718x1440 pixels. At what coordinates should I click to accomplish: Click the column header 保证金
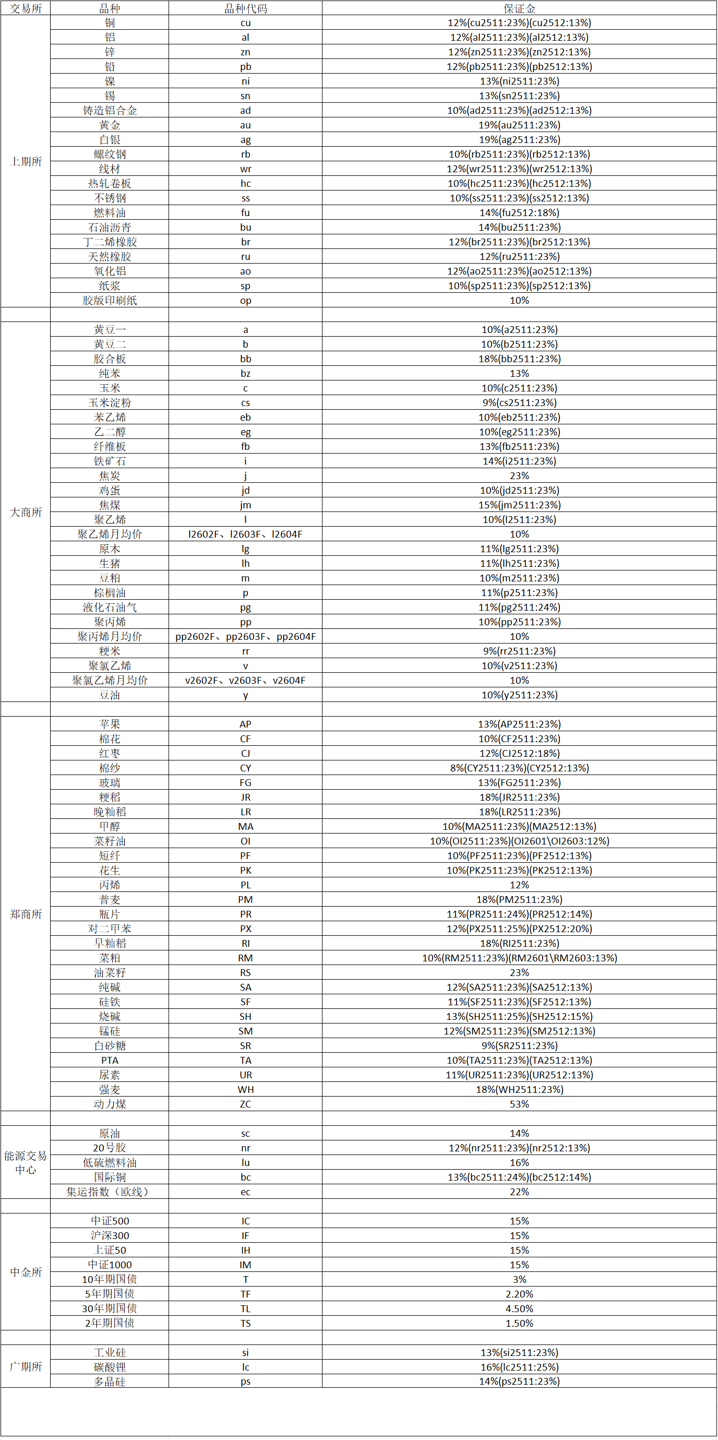[519, 8]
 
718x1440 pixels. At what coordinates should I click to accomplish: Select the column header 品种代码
[245, 8]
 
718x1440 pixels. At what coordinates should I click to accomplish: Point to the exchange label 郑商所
[26, 914]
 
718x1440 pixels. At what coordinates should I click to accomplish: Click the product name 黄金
[110, 125]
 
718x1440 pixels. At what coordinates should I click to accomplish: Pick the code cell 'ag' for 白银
[245, 140]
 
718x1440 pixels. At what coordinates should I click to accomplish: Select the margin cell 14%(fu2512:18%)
[519, 213]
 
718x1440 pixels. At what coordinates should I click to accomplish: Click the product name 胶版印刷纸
[110, 301]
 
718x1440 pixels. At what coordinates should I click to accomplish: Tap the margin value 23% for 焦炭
[519, 475]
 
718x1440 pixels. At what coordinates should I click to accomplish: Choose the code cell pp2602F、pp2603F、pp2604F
[245, 637]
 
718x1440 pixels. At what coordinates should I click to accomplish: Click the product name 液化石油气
[110, 608]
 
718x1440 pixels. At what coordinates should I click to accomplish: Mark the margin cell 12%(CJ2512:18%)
[519, 754]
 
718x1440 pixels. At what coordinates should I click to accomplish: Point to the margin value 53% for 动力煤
[519, 1104]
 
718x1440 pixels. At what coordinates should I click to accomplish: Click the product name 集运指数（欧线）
[110, 1192]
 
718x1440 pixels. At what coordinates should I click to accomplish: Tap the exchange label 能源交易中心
[26, 1163]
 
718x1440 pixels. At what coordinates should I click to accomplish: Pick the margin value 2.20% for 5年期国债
[519, 1294]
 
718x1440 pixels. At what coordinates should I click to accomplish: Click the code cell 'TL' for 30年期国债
[245, 1308]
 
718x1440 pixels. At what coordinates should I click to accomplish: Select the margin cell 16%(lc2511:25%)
[519, 1367]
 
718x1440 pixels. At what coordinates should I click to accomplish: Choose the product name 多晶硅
[110, 1382]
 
